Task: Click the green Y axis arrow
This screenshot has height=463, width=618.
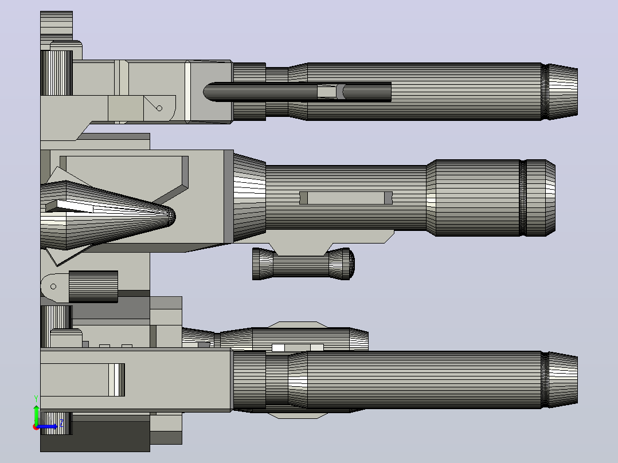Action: click(x=36, y=415)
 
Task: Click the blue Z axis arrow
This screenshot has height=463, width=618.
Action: click(x=47, y=426)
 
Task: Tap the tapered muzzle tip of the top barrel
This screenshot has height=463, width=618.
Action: click(x=563, y=92)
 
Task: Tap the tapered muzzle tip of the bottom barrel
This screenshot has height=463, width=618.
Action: click(x=563, y=379)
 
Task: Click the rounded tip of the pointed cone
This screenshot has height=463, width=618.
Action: click(x=172, y=216)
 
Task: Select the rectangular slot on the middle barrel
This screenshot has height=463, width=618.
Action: click(x=346, y=198)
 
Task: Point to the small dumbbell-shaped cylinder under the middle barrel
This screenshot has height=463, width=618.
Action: click(x=303, y=264)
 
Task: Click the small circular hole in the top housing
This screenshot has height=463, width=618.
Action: click(x=159, y=108)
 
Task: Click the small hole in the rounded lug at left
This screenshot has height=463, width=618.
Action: click(x=53, y=287)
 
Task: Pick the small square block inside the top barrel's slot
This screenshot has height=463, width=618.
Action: click(x=327, y=92)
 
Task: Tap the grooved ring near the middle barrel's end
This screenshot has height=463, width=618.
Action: click(x=523, y=198)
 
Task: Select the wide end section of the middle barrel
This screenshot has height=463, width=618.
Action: click(x=491, y=198)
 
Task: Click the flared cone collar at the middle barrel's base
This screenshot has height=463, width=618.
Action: click(x=249, y=198)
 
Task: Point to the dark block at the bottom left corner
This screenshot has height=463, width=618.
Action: click(x=95, y=436)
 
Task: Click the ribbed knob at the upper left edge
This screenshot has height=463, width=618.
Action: click(x=56, y=73)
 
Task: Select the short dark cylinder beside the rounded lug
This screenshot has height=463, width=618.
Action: click(x=93, y=287)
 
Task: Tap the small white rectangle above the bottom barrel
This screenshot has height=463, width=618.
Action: click(x=278, y=348)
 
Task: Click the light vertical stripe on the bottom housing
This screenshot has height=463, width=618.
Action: click(x=117, y=380)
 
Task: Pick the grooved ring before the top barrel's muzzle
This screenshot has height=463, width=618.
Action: click(x=544, y=92)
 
